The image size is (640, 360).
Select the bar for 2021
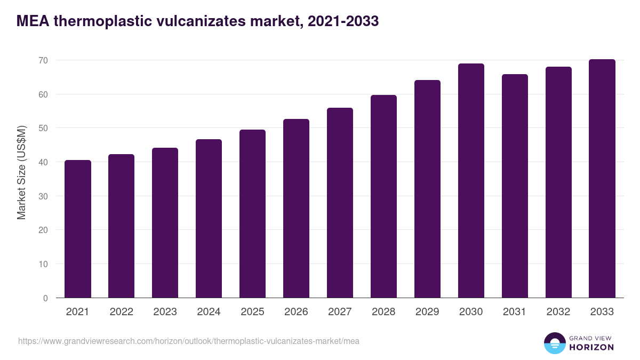point(78,229)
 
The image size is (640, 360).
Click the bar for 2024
point(209,219)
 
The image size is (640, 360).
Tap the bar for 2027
point(340,203)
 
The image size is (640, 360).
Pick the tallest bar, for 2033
point(602,179)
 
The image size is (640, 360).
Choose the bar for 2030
point(471,181)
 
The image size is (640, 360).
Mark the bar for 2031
point(515,186)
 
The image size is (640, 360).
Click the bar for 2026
point(297,209)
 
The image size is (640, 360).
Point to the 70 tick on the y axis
point(43,60)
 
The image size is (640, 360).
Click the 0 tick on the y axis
point(45,298)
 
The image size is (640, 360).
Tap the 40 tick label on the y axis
point(43,162)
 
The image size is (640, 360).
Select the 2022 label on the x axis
point(122,312)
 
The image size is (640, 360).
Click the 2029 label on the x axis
point(427,312)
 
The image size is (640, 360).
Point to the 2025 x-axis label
point(253,312)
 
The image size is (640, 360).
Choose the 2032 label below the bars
point(558,312)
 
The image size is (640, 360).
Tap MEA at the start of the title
point(33,21)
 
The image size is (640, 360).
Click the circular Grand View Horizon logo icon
point(555,343)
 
